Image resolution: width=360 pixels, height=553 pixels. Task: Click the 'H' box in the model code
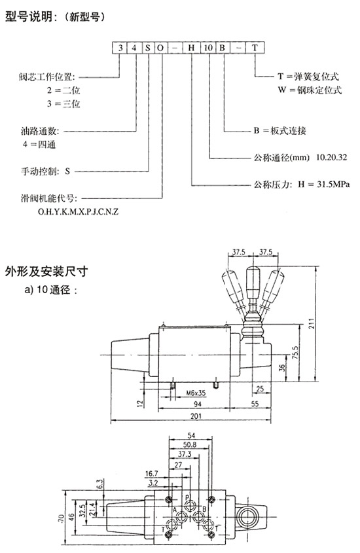[192, 48]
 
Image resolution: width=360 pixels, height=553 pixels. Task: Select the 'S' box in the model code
[147, 48]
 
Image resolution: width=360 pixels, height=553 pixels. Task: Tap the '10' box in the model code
[208, 48]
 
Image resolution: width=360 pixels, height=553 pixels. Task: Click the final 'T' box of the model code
[255, 48]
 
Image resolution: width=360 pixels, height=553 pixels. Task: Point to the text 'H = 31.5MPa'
[324, 184]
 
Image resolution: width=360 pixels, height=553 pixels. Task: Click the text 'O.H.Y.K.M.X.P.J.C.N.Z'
[78, 211]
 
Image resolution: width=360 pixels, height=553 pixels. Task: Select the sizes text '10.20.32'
[331, 157]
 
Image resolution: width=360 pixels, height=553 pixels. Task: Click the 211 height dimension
[312, 324]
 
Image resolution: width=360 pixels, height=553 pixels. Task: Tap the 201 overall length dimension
[196, 416]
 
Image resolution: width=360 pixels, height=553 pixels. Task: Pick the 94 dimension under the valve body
[198, 404]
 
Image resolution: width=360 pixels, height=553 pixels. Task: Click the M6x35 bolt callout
[196, 393]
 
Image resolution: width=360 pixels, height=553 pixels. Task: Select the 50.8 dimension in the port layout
[190, 445]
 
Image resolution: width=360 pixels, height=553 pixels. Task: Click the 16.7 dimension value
[152, 474]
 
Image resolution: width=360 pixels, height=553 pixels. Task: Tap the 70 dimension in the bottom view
[61, 518]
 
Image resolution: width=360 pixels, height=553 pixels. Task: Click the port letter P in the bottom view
[187, 497]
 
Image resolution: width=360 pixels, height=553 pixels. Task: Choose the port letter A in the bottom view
[174, 510]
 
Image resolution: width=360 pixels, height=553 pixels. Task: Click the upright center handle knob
[253, 282]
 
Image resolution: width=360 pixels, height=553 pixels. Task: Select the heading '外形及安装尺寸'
[46, 271]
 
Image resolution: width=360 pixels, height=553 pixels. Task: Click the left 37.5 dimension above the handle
[239, 252]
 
